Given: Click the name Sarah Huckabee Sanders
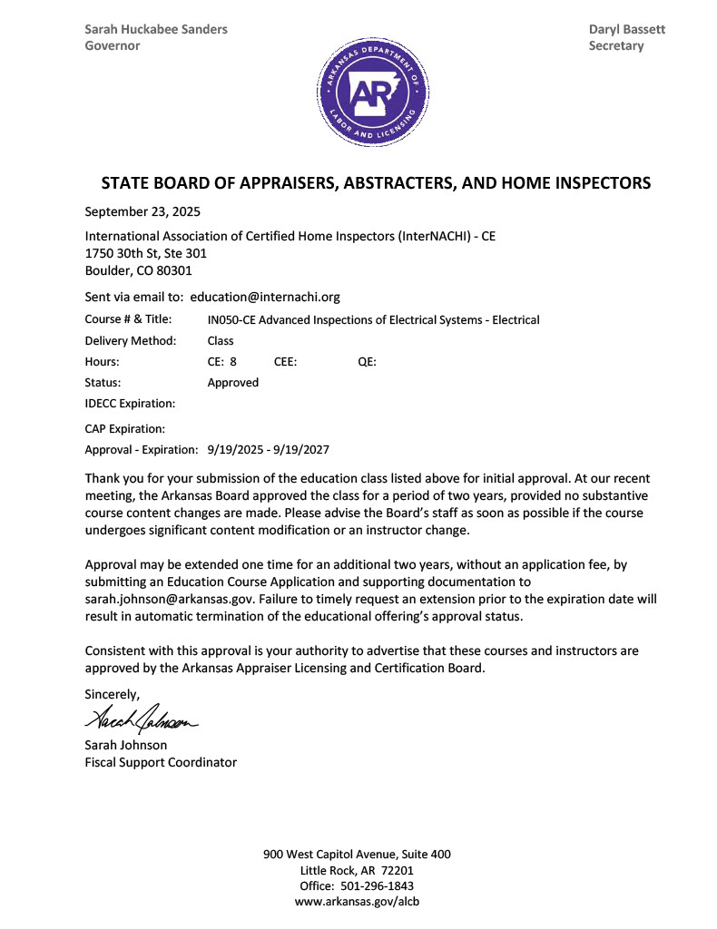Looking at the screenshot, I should [156, 29].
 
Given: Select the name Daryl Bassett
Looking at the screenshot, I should [626, 29].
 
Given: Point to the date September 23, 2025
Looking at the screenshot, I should [142, 212].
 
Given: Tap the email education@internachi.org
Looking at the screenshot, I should [265, 297].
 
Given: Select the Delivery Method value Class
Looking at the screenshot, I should [221, 341].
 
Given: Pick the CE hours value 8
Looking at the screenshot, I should [233, 362].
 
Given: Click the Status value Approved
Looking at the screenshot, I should [233, 383].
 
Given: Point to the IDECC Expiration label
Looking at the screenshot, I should [130, 404].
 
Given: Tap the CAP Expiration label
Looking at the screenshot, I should [125, 428].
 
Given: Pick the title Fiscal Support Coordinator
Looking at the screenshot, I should [161, 762].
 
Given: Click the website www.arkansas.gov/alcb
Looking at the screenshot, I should [357, 902].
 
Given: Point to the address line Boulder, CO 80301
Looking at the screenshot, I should [138, 270].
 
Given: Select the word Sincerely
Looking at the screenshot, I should [113, 695].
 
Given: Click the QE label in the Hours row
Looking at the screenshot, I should [367, 362].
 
